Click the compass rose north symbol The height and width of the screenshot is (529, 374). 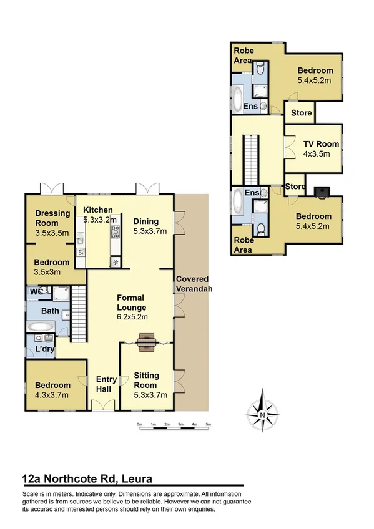(x=263, y=411)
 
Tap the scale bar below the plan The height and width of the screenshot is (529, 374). (x=174, y=425)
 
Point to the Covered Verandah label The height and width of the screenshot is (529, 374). (x=192, y=283)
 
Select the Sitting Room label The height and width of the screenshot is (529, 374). (x=146, y=380)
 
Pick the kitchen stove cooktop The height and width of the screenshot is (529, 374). (x=116, y=233)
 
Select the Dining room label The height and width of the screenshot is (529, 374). (x=146, y=226)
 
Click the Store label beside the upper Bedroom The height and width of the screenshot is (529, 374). (x=298, y=113)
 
